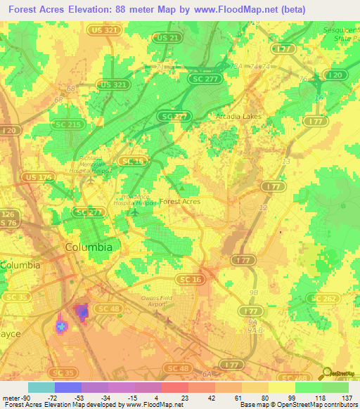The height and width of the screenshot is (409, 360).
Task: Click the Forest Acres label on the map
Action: click(180, 201)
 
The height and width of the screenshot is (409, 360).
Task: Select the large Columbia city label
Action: click(88, 247)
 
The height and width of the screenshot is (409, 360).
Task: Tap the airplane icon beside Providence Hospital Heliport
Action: click(134, 212)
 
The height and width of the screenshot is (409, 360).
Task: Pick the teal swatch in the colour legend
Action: click(41, 387)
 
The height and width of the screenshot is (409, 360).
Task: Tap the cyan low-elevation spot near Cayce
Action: click(61, 327)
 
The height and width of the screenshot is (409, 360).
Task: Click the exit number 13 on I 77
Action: click(285, 162)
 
